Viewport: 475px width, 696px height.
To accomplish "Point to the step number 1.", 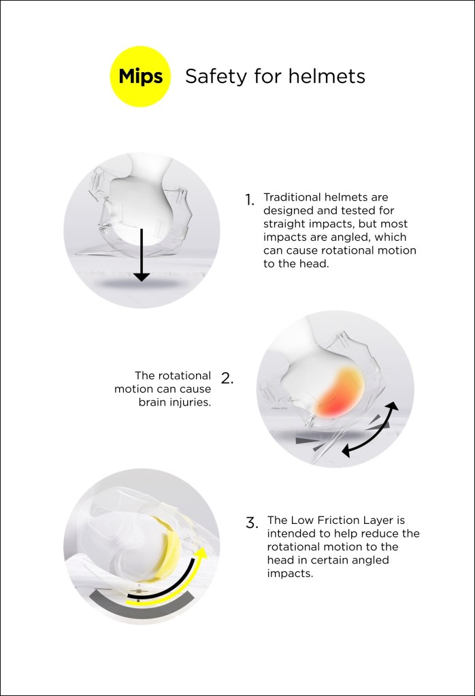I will tap(250, 200).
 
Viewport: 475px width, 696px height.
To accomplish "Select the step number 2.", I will tap(227, 378).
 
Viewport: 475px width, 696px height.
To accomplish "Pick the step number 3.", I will tap(251, 523).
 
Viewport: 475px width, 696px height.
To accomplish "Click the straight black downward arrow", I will tap(141, 255).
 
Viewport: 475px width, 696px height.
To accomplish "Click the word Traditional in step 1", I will tap(294, 197).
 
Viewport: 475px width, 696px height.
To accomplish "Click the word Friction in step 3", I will tap(333, 520).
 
